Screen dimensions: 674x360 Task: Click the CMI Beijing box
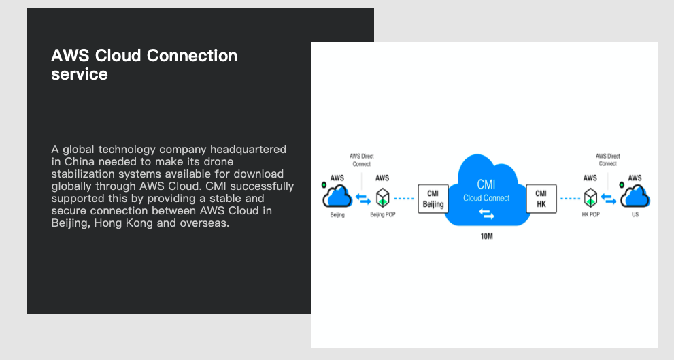click(x=433, y=199)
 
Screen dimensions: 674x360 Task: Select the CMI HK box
click(x=541, y=199)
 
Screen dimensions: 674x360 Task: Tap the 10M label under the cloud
click(x=486, y=236)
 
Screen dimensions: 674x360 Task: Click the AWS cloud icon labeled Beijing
click(x=337, y=196)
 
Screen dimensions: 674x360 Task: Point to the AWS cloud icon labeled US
click(x=635, y=196)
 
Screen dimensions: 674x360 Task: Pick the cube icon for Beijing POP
click(x=382, y=198)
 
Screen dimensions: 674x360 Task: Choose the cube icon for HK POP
click(x=590, y=198)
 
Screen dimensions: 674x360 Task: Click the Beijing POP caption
click(x=382, y=214)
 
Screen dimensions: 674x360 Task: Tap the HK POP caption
click(x=590, y=214)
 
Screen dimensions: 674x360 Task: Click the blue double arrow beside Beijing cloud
click(x=363, y=199)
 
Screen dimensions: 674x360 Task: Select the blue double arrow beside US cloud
click(x=609, y=199)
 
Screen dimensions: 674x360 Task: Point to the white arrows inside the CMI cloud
click(x=486, y=214)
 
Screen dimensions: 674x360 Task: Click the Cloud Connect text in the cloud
click(x=486, y=198)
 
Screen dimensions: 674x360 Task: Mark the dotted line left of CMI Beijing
click(x=404, y=199)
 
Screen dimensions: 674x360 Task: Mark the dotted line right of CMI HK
click(x=571, y=199)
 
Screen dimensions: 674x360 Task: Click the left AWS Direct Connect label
click(x=362, y=160)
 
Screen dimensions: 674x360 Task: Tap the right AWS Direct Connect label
click(x=608, y=160)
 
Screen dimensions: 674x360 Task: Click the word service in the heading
click(x=80, y=74)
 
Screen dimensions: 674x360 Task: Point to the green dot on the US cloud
click(x=622, y=185)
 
